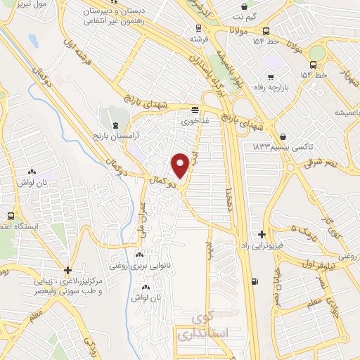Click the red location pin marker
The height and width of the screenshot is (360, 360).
[180, 165]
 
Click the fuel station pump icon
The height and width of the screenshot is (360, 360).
[254, 283]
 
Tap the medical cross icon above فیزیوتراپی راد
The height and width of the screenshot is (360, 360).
[262, 233]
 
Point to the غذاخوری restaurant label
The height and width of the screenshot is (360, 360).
[195, 121]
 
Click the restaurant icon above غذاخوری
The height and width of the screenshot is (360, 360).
[195, 110]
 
